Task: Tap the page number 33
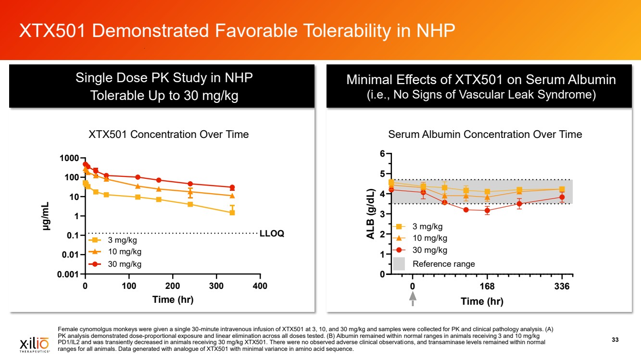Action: click(x=615, y=340)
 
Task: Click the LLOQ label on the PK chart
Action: click(x=272, y=234)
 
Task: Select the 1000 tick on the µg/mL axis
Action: click(x=70, y=158)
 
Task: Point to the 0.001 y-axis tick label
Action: click(x=68, y=274)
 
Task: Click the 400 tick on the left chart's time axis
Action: click(x=260, y=286)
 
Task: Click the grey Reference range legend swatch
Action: click(x=399, y=264)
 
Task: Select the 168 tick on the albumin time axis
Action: click(x=487, y=287)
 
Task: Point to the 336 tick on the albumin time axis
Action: click(x=562, y=287)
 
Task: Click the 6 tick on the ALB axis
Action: click(x=382, y=154)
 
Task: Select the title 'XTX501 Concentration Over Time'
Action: click(x=168, y=135)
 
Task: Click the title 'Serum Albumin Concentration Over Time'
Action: click(x=485, y=135)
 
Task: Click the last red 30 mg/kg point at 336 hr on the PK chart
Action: click(x=232, y=187)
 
